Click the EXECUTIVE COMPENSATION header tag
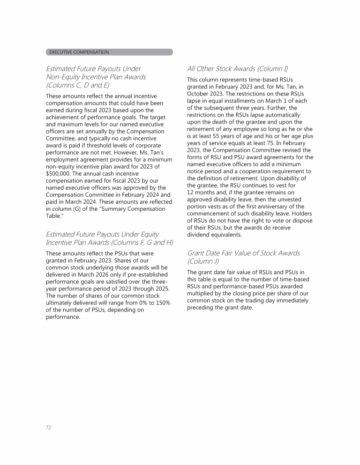(x=79, y=52)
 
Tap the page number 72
(x=48, y=428)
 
